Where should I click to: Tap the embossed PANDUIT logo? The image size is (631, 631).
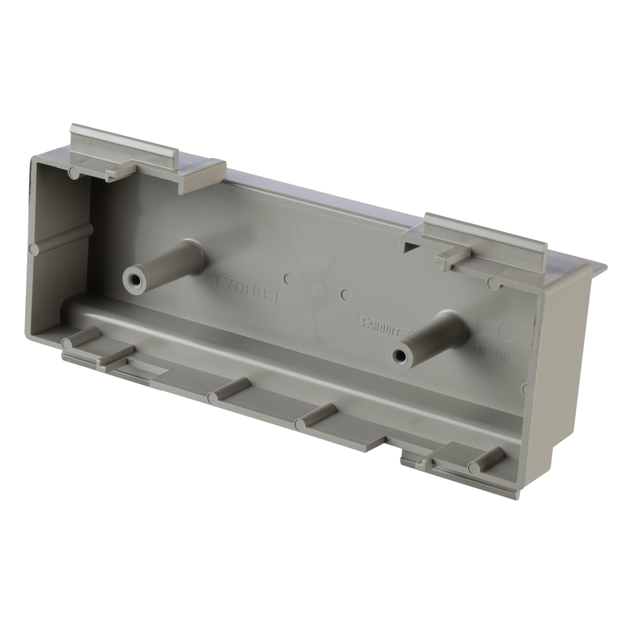click(x=380, y=324)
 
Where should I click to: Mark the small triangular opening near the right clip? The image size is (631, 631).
click(x=410, y=246)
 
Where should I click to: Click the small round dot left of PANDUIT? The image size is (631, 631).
click(x=346, y=295)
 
